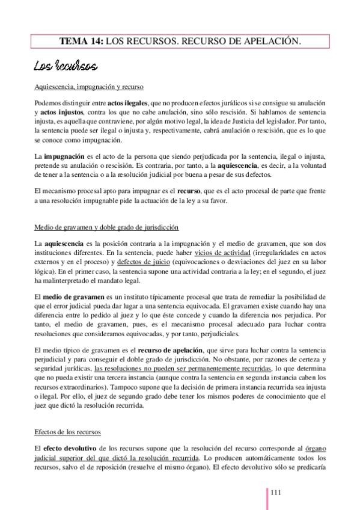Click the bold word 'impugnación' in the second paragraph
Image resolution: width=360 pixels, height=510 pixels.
click(63, 156)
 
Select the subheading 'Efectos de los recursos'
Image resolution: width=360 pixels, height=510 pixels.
click(68, 432)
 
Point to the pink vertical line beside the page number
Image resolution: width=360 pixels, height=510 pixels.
click(267, 496)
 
